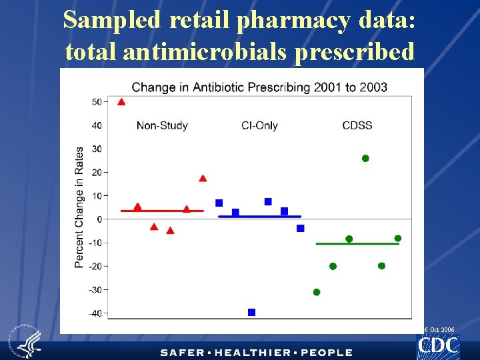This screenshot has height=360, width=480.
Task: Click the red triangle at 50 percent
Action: (x=121, y=102)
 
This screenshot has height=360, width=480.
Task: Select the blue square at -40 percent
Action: (x=251, y=312)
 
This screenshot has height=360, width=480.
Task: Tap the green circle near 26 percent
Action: (x=365, y=158)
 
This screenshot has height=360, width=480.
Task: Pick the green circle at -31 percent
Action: (x=317, y=293)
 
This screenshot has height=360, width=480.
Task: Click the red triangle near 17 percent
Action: (x=203, y=178)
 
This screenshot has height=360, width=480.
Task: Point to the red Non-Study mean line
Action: (x=162, y=211)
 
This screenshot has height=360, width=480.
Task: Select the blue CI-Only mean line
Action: (x=259, y=217)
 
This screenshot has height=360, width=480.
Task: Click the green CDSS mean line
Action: (x=357, y=244)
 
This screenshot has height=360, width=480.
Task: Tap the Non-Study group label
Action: (x=162, y=125)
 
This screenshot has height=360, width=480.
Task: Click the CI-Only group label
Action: (x=259, y=125)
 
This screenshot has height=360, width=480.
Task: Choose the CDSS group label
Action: (x=357, y=125)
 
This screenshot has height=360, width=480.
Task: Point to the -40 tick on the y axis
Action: (x=106, y=313)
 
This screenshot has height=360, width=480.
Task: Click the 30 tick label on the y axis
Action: (x=97, y=149)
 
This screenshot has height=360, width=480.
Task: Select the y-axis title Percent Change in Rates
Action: (x=79, y=207)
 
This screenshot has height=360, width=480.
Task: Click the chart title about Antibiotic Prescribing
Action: (x=259, y=87)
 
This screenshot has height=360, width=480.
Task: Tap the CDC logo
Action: (x=438, y=345)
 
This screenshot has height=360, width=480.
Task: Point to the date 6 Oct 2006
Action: (x=439, y=330)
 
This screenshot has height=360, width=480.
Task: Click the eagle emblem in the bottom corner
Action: (x=26, y=341)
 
